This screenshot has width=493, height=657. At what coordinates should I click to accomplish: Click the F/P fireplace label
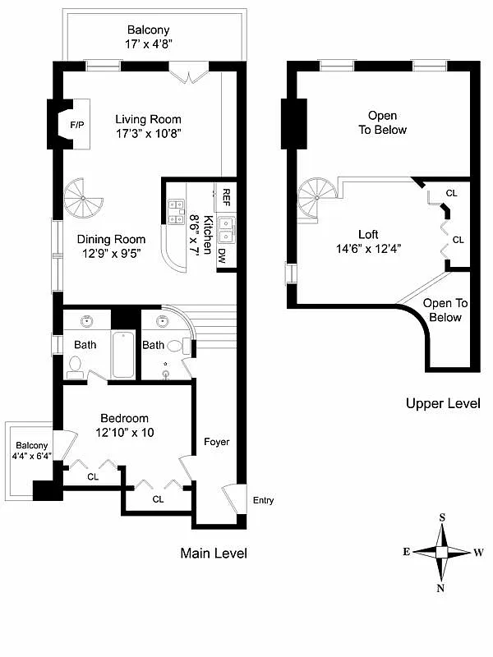(x=76, y=126)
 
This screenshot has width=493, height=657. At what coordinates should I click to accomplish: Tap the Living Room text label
(x=148, y=119)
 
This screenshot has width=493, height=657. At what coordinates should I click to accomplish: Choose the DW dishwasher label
(x=222, y=255)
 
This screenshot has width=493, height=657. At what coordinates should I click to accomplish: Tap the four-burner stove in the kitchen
(x=176, y=212)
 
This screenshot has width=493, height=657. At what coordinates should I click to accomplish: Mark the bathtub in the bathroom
(x=123, y=354)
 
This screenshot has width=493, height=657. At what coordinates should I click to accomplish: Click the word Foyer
(x=217, y=442)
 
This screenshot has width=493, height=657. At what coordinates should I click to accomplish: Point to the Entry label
(x=263, y=500)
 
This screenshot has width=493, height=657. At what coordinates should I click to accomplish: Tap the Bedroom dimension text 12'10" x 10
(x=125, y=432)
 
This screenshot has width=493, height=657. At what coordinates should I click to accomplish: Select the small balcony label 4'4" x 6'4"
(x=29, y=457)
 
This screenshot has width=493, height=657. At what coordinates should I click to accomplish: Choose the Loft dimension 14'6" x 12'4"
(x=368, y=249)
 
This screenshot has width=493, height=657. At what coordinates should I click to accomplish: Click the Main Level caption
(x=213, y=554)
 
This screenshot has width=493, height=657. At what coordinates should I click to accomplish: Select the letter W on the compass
(x=478, y=552)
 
